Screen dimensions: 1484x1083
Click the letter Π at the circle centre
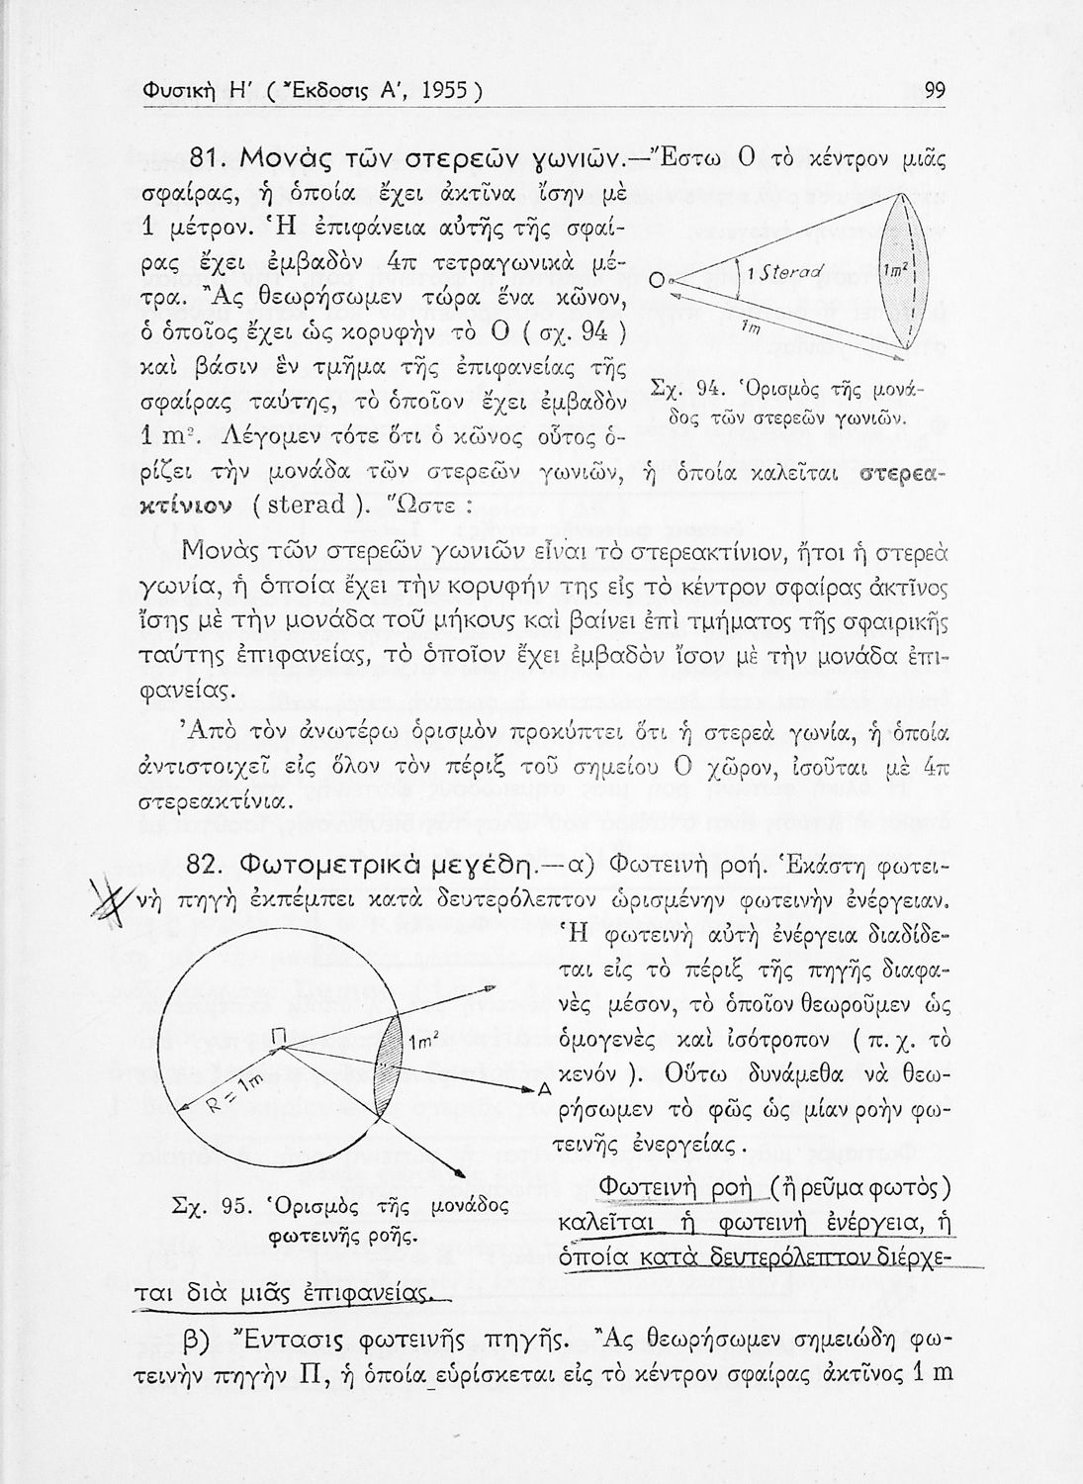click(x=279, y=1036)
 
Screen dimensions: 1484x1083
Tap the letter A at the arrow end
click(x=543, y=1088)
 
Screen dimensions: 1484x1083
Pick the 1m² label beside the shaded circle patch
click(x=423, y=1043)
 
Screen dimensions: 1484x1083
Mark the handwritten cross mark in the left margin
click(x=129, y=896)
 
